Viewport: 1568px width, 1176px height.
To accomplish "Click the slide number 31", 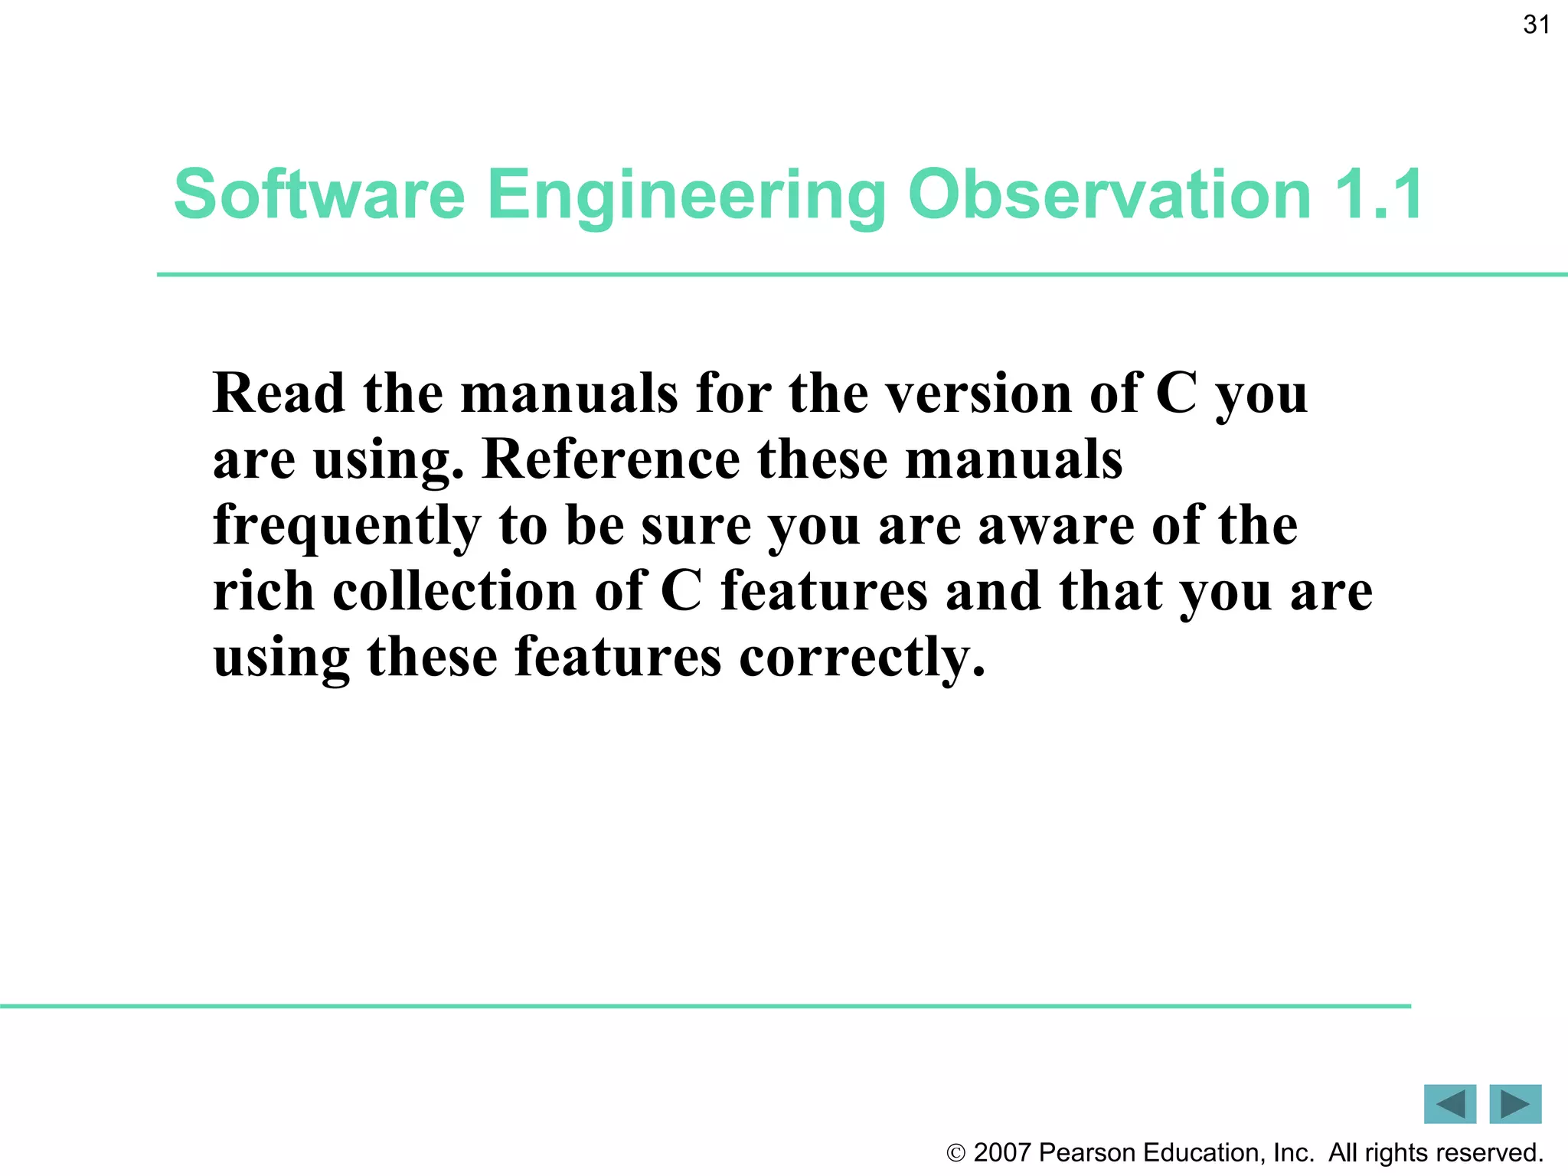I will click(1536, 25).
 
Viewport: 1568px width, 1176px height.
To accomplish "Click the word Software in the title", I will click(319, 194).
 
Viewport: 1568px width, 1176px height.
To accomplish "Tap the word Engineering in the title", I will click(686, 194).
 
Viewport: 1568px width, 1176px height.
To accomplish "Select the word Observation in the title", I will click(1109, 194).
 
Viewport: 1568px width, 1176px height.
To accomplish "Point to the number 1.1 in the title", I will click(1378, 194).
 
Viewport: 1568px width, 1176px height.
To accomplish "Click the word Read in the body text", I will click(279, 394).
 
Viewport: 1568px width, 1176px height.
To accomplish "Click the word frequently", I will click(346, 527).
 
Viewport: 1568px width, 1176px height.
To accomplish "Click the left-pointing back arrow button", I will click(1449, 1104).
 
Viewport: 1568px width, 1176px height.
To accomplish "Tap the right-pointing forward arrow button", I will click(1515, 1104).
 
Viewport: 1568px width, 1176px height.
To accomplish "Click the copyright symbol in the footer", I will click(955, 1153).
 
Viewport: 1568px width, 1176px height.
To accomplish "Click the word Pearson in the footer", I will click(1087, 1152).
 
